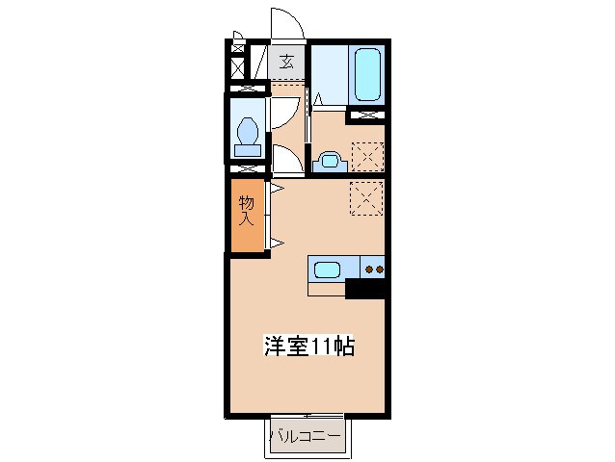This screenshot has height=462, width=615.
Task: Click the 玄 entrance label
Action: point(286,63)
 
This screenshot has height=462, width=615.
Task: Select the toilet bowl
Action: point(248,129)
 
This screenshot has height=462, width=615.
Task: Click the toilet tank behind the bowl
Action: point(248,150)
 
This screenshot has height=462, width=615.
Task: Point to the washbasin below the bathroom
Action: point(328,160)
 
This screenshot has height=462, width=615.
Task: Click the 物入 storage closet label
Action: point(247,210)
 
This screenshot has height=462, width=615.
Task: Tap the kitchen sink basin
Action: point(326,269)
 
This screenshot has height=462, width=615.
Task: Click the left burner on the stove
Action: point(369,269)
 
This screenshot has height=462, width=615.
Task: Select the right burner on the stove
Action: point(380,269)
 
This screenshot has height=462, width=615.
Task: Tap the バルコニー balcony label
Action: point(305,437)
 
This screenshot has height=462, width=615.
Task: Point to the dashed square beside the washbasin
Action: point(366,155)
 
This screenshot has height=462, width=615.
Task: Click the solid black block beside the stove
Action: point(365,288)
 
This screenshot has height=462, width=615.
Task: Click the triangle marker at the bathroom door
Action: point(317,98)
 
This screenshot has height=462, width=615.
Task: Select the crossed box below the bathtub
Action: point(366,117)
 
